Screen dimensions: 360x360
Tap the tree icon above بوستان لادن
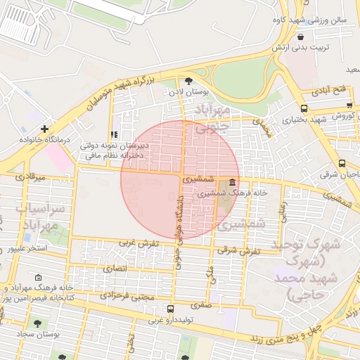pos(188,81)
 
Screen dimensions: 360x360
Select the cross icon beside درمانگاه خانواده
pos(44,129)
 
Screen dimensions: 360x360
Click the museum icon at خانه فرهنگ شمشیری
pos(232,182)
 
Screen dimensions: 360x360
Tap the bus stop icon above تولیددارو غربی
pos(170,309)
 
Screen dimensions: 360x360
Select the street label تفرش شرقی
pos(239,250)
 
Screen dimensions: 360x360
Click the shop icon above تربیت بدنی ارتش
pos(301,37)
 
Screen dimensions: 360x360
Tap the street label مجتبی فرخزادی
pos(127,297)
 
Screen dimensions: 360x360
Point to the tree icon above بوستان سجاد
pos(37,323)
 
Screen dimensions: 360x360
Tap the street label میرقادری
pos(30,177)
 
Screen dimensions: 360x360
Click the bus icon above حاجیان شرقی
pos(342,163)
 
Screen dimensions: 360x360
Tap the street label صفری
pos(201,306)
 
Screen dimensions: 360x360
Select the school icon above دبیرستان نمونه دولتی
pos(113,135)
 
